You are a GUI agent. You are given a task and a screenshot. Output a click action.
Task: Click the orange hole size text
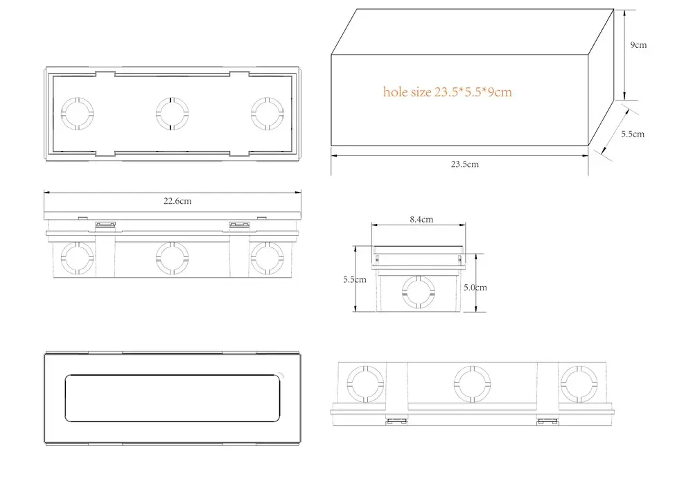click(x=447, y=92)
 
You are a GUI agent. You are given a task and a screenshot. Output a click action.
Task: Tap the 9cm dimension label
click(x=638, y=44)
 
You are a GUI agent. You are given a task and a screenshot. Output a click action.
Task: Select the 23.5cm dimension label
click(x=464, y=164)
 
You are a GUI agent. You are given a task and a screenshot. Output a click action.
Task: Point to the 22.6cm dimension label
click(x=177, y=201)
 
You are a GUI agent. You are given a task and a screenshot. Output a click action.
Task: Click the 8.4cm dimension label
click(x=421, y=219)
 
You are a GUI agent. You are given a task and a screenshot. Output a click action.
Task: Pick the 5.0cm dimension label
click(x=475, y=287)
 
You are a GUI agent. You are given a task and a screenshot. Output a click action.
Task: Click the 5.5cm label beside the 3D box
click(x=633, y=134)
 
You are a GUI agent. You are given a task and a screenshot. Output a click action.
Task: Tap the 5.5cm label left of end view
click(x=354, y=279)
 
